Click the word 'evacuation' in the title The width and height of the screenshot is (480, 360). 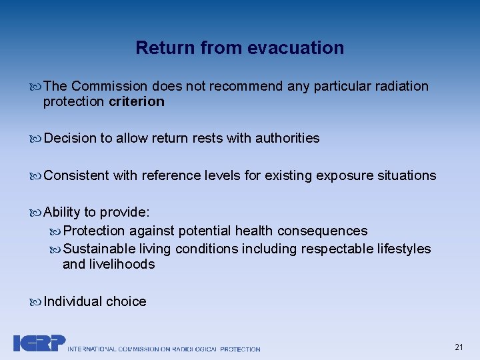(x=295, y=48)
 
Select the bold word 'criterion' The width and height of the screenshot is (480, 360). (x=136, y=101)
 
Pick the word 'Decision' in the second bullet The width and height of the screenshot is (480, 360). (x=70, y=138)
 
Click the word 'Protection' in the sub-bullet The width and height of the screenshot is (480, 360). (x=94, y=231)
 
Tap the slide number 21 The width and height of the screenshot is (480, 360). (x=459, y=347)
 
